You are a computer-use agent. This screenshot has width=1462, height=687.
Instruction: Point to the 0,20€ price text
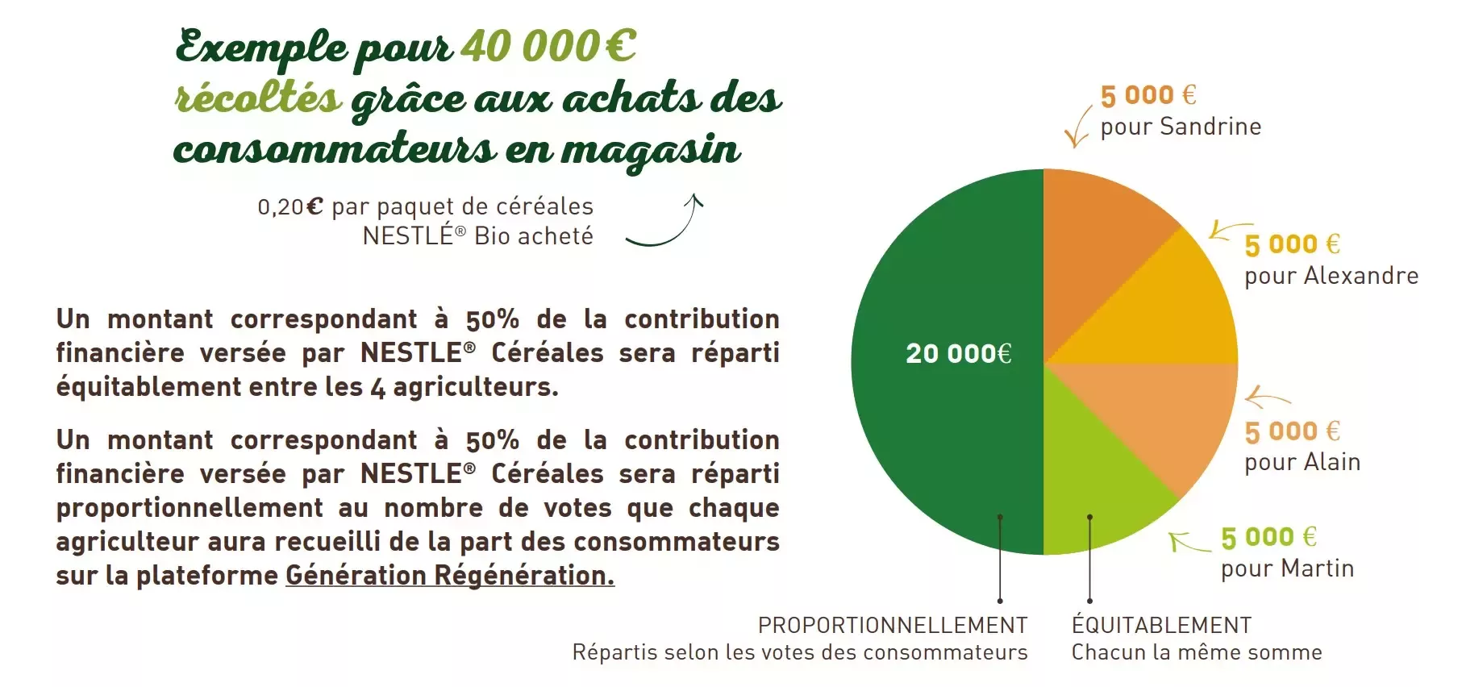pyautogui.click(x=290, y=207)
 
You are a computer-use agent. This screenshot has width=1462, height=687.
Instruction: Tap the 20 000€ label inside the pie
pyautogui.click(x=959, y=353)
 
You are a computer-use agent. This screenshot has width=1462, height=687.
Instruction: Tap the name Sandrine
pyautogui.click(x=1210, y=127)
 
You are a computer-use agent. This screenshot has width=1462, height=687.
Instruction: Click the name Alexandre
pyautogui.click(x=1361, y=276)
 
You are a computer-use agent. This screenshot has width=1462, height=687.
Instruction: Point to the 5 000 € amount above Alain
pyautogui.click(x=1293, y=431)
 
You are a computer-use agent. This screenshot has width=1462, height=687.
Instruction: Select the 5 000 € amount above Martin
pyautogui.click(x=1268, y=537)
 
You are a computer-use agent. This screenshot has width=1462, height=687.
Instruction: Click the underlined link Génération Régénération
pyautogui.click(x=450, y=576)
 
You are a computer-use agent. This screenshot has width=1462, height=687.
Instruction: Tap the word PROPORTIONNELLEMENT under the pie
pyautogui.click(x=893, y=626)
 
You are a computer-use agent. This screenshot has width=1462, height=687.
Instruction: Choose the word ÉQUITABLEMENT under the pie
pyautogui.click(x=1161, y=625)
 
